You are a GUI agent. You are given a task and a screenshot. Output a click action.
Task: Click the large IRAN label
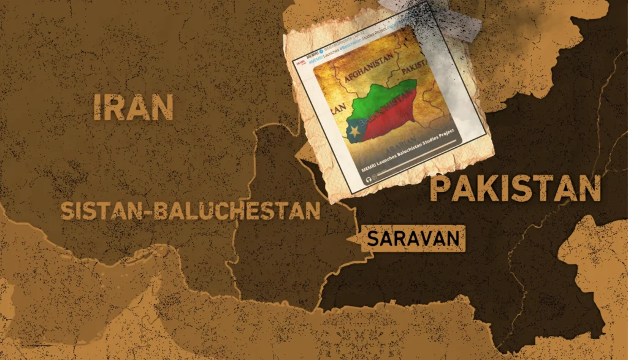coord(134,107)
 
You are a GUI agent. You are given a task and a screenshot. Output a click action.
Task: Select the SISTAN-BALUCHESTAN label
coord(190,210)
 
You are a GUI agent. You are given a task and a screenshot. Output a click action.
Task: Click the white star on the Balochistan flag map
coord(354,131)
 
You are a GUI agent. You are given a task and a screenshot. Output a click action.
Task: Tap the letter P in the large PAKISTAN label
coord(442,190)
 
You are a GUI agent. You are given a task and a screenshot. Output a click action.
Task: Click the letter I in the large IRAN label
coord(98,107)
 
